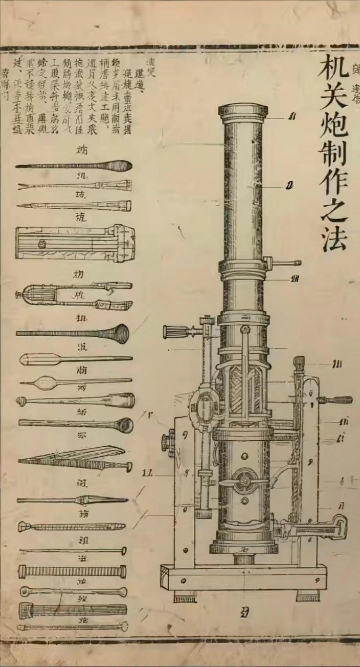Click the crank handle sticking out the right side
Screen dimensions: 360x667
click(337, 399)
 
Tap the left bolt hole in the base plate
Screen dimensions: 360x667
click(183, 581)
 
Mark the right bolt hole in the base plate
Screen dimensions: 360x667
click(317, 580)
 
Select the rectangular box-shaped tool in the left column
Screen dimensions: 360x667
click(75, 244)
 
